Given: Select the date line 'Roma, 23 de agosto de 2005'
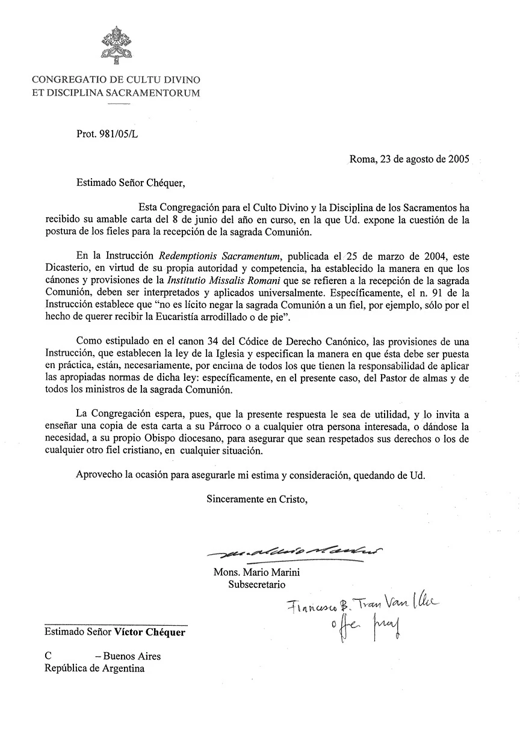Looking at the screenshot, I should click(x=409, y=160).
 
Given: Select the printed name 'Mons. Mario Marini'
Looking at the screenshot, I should click(x=256, y=572).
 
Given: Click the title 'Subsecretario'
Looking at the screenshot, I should click(x=256, y=584).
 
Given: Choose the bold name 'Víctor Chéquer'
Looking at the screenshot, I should click(x=150, y=632).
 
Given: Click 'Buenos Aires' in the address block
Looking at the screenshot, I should click(x=132, y=656).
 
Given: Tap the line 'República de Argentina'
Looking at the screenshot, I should click(x=94, y=668).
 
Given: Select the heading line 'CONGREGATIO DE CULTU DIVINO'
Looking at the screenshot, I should click(x=116, y=80).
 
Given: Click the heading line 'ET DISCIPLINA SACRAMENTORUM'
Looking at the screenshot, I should click(x=116, y=93).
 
